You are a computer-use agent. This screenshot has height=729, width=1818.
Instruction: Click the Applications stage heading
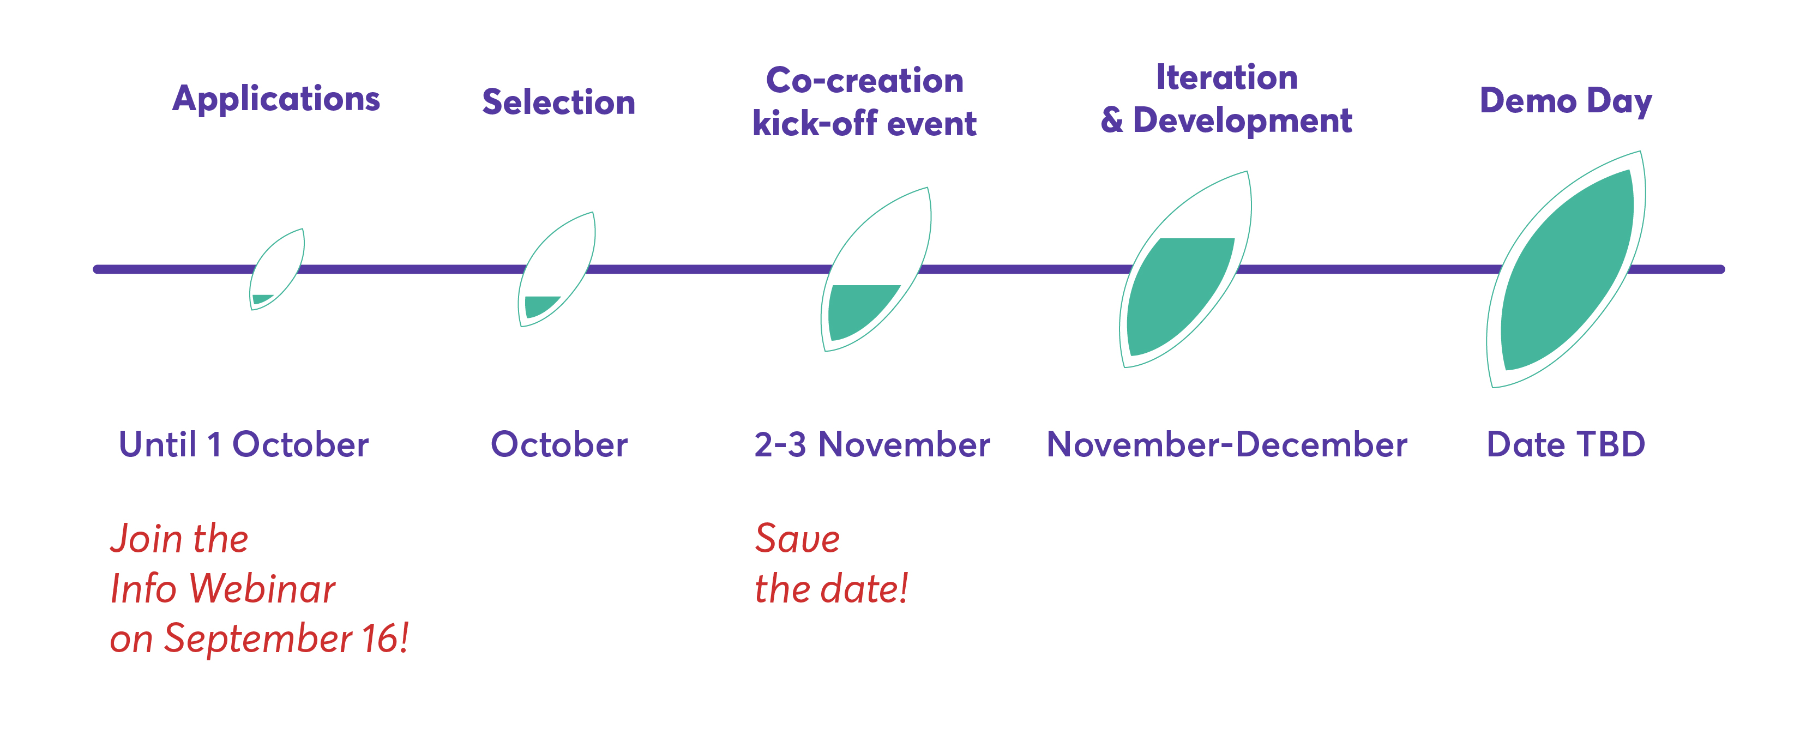point(276,99)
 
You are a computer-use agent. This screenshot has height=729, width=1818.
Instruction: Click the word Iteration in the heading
point(1226,77)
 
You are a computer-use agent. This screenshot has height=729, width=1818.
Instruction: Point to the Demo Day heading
point(1566,101)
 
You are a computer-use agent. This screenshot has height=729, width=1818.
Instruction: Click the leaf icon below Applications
point(276,269)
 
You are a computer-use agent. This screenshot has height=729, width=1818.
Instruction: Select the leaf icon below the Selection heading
point(556,269)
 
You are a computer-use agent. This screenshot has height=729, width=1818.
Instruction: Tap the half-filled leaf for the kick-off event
point(876,269)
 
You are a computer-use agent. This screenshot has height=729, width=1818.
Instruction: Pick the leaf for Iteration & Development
point(1185,269)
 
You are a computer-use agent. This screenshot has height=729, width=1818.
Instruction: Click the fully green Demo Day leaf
point(1566,269)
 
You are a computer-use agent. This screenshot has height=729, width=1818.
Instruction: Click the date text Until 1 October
point(244,444)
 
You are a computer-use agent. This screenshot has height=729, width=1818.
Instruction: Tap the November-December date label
point(1226,444)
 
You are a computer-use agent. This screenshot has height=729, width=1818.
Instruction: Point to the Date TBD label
point(1566,444)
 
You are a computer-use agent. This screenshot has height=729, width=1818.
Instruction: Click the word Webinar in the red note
point(262,588)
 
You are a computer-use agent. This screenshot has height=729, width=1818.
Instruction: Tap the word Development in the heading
point(1242,121)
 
